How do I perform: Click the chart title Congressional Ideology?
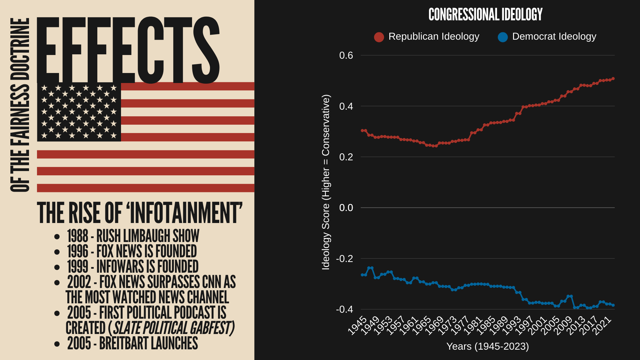pos(485,15)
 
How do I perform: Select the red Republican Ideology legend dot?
pos(379,37)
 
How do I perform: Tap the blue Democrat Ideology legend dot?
pos(503,37)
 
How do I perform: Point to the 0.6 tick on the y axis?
pos(346,55)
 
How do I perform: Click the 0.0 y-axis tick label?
pos(346,208)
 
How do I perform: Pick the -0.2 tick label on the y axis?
pos(345,259)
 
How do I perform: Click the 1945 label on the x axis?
pos(357,325)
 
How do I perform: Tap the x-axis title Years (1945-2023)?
pos(487,346)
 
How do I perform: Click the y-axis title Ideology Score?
pos(326,182)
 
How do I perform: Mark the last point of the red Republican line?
pos(613,79)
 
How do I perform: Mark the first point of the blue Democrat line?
pos(362,275)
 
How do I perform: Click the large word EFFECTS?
pos(128,50)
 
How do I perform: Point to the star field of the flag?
pos(79,112)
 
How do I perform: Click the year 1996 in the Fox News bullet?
pos(78,251)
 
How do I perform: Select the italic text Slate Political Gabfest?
pos(173,328)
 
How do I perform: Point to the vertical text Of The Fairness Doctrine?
pos(20,105)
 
